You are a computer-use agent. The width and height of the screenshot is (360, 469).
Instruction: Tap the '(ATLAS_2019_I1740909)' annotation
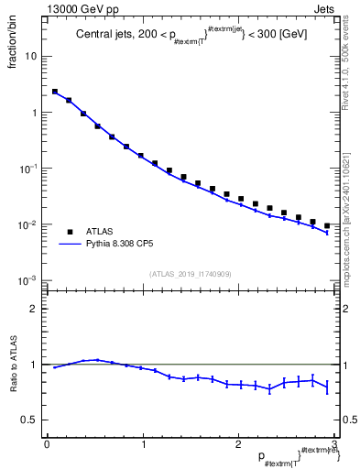(191, 273)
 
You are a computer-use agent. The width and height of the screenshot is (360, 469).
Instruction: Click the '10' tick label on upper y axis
(31, 56)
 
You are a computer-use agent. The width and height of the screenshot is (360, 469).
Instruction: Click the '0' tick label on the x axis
(46, 444)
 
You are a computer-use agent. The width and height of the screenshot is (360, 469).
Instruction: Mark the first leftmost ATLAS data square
(55, 92)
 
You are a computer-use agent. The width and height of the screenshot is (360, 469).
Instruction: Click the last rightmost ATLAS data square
(327, 225)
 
